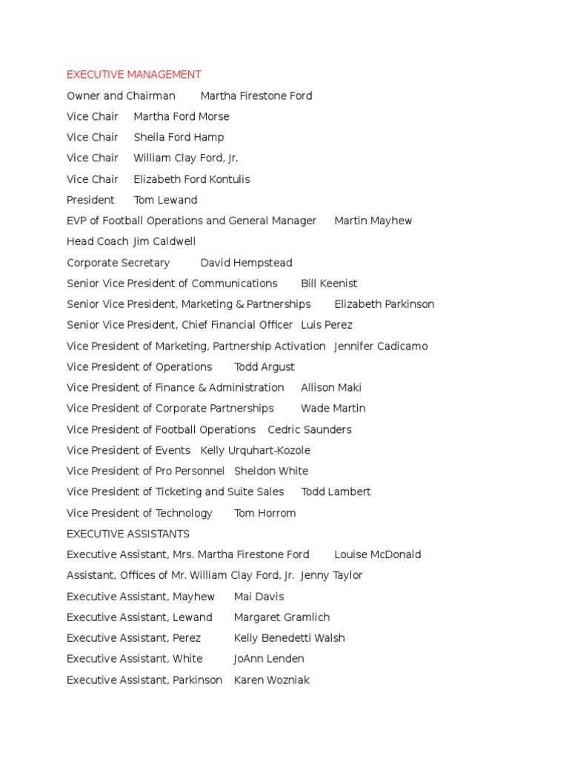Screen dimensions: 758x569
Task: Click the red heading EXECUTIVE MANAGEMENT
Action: (x=133, y=75)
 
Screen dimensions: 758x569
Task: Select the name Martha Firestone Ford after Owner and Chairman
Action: (x=256, y=95)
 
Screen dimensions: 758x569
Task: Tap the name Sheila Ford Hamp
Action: (x=179, y=137)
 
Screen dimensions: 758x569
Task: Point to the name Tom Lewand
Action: (x=165, y=200)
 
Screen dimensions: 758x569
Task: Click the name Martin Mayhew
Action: (x=373, y=221)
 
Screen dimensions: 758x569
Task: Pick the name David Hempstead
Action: (x=246, y=263)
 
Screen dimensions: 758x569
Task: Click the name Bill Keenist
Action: (x=329, y=284)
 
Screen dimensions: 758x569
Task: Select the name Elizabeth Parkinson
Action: (x=384, y=304)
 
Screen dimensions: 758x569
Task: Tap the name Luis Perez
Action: (x=327, y=325)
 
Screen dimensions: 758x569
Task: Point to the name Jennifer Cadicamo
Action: (x=381, y=346)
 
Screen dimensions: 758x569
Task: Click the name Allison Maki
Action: (x=331, y=387)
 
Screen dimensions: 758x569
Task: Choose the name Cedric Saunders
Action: (x=310, y=429)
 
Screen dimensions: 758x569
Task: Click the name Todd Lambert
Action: (x=336, y=492)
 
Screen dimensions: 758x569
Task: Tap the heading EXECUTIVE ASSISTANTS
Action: (x=128, y=534)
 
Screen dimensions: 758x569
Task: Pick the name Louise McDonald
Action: (x=377, y=554)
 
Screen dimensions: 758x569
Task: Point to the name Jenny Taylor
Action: (x=331, y=575)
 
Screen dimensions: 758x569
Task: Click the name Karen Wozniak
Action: (x=271, y=680)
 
